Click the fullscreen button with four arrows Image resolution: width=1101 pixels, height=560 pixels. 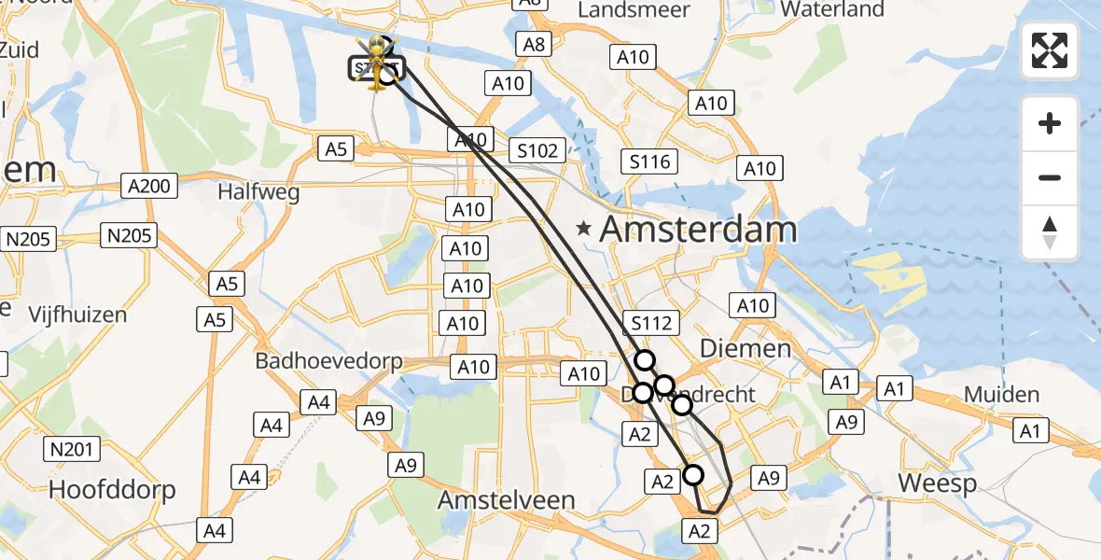pyautogui.click(x=1050, y=50)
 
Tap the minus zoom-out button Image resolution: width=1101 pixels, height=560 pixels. pyautogui.click(x=1050, y=177)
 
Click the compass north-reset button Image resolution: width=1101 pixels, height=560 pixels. pyautogui.click(x=1050, y=232)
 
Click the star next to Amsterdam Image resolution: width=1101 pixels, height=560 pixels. pyautogui.click(x=584, y=228)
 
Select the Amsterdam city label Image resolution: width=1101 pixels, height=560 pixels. pyautogui.click(x=699, y=230)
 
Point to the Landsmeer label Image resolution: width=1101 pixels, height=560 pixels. pyautogui.click(x=634, y=10)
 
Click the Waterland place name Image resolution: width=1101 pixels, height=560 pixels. pyautogui.click(x=832, y=10)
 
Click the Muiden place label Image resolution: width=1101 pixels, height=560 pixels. pyautogui.click(x=1001, y=395)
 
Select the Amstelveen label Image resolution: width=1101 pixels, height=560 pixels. pyautogui.click(x=507, y=500)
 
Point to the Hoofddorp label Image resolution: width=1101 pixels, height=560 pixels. pyautogui.click(x=112, y=489)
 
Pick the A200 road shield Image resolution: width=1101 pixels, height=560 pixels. pyautogui.click(x=149, y=187)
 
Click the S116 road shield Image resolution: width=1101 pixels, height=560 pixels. pyautogui.click(x=649, y=162)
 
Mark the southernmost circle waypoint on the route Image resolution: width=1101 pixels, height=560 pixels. pyautogui.click(x=693, y=475)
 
